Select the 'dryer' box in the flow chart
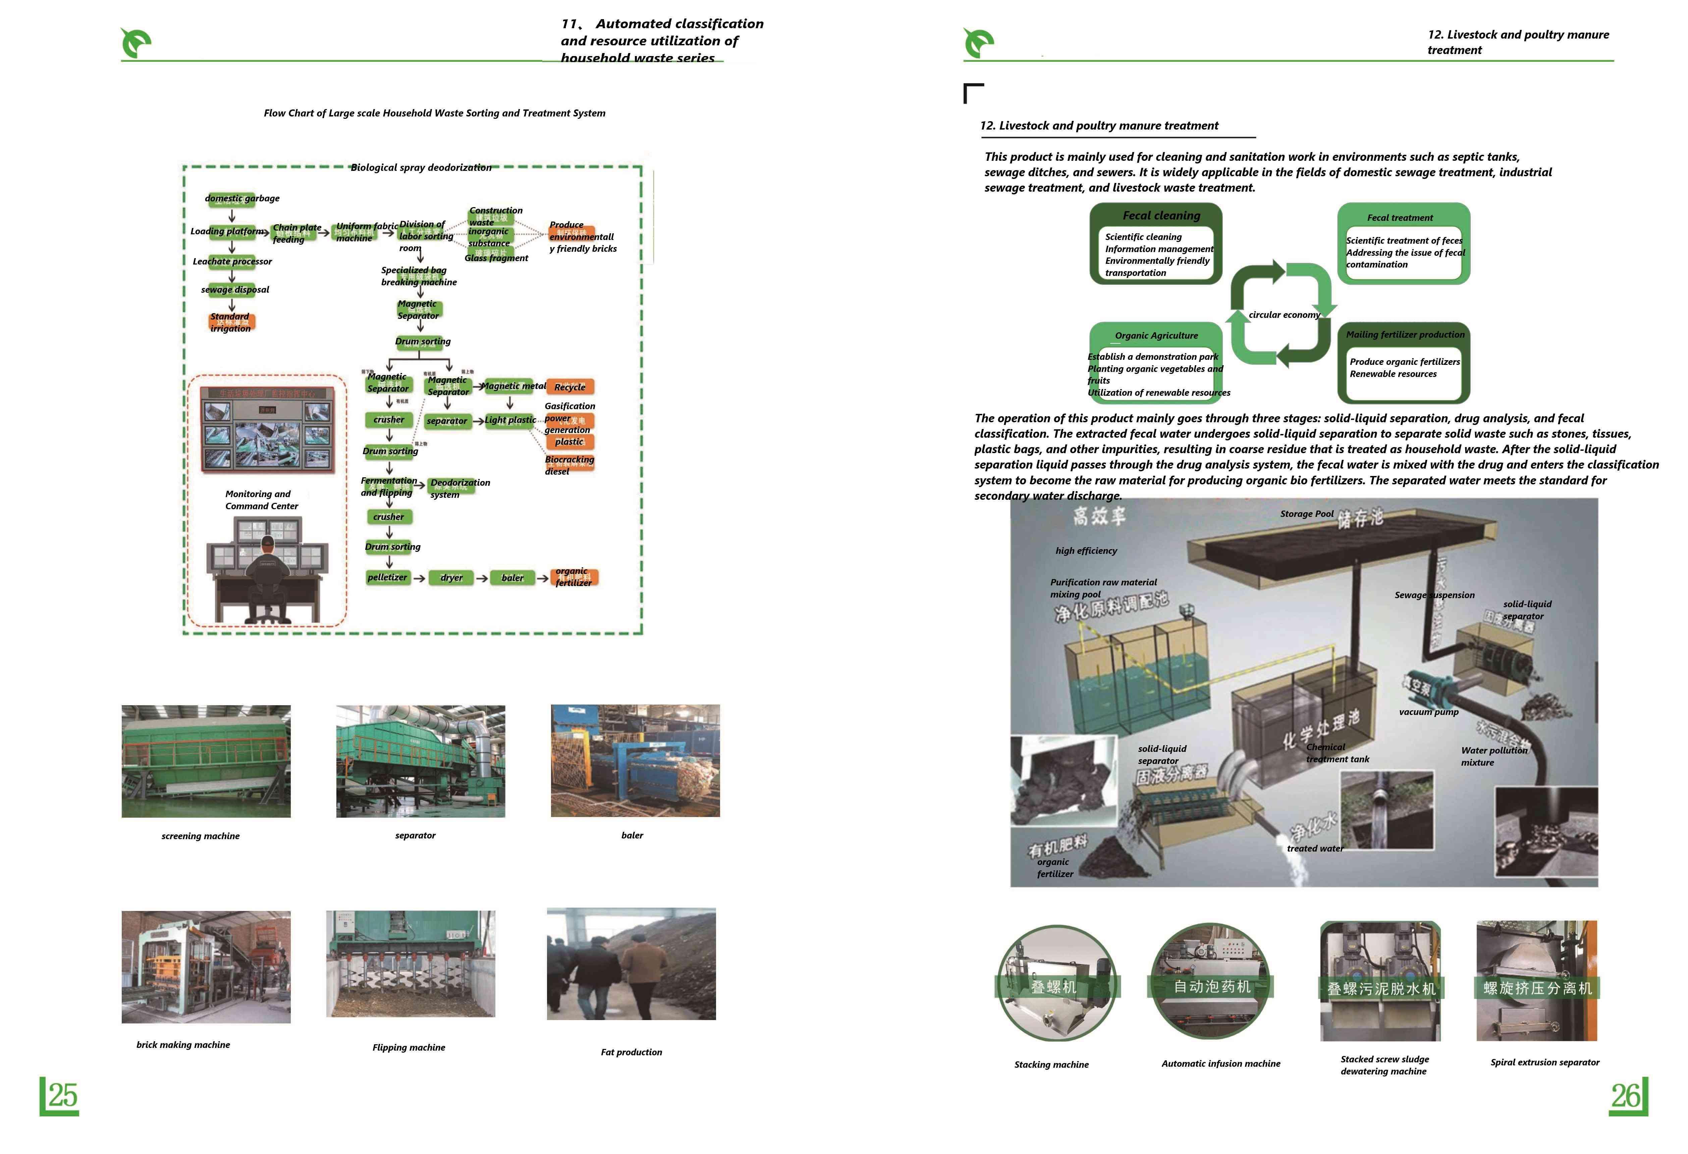tap(452, 578)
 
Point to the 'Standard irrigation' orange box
tap(231, 322)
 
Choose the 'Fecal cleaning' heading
tap(1161, 216)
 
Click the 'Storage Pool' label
tap(1307, 514)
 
